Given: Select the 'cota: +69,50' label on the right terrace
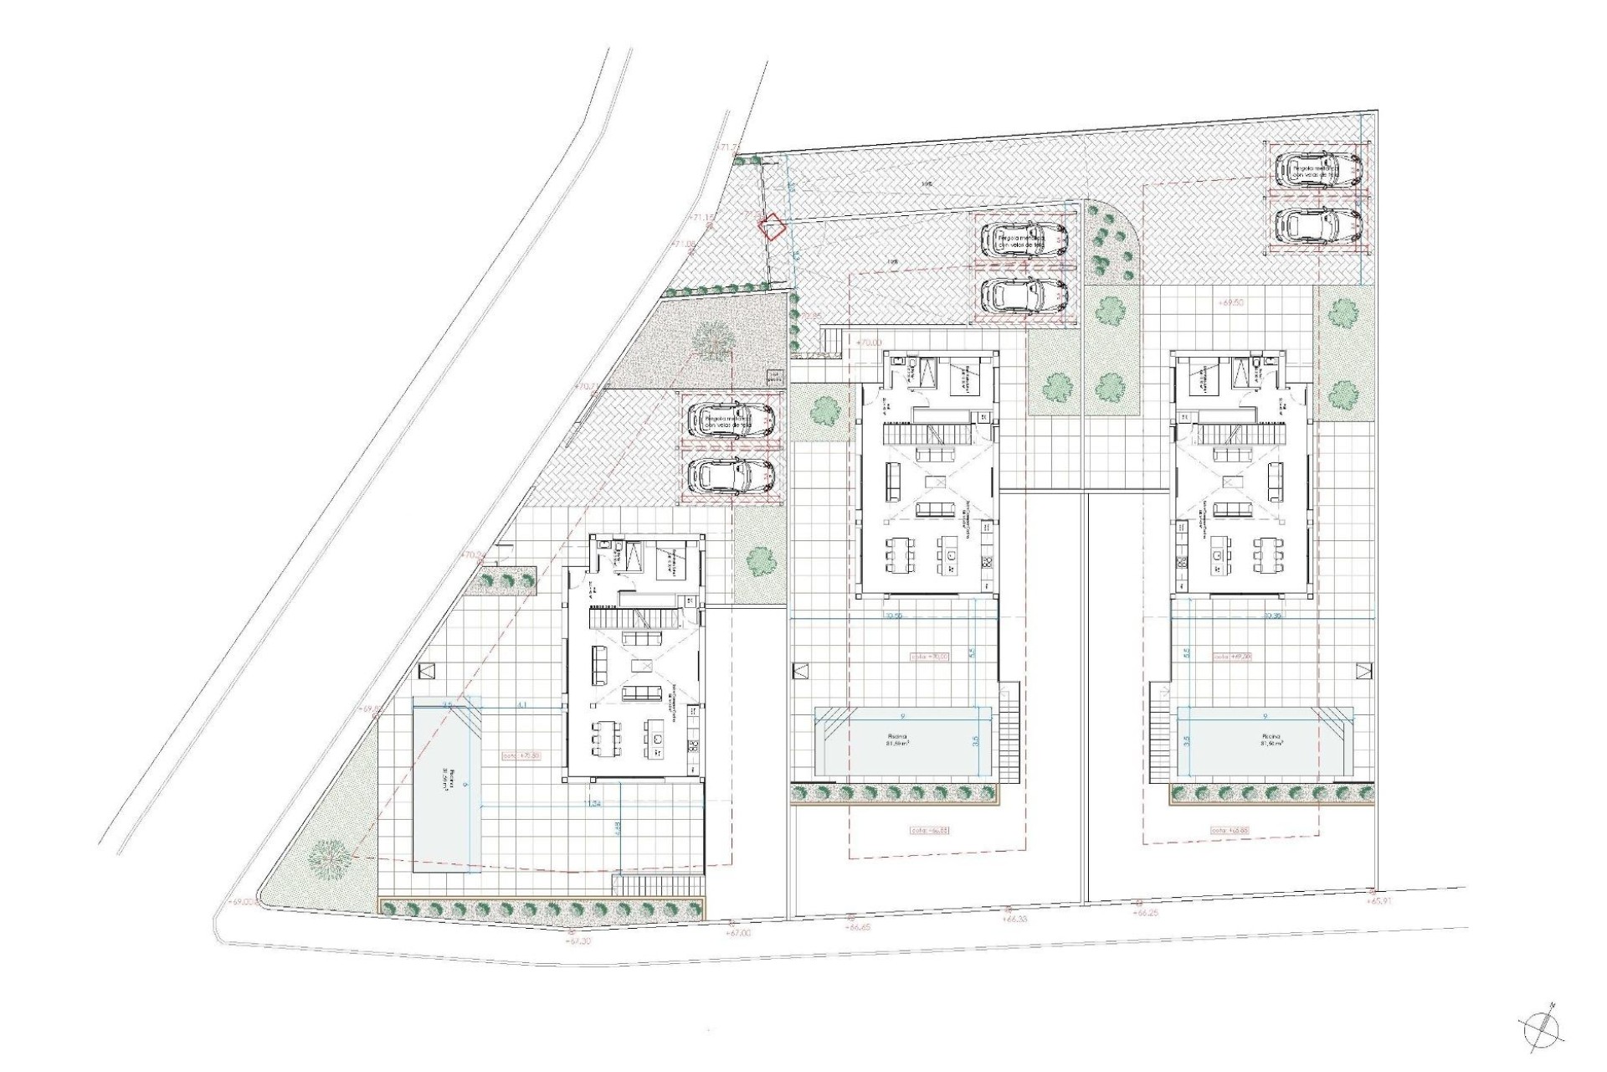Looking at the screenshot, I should pyautogui.click(x=1230, y=657).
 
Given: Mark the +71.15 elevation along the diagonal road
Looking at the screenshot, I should pyautogui.click(x=701, y=218).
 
